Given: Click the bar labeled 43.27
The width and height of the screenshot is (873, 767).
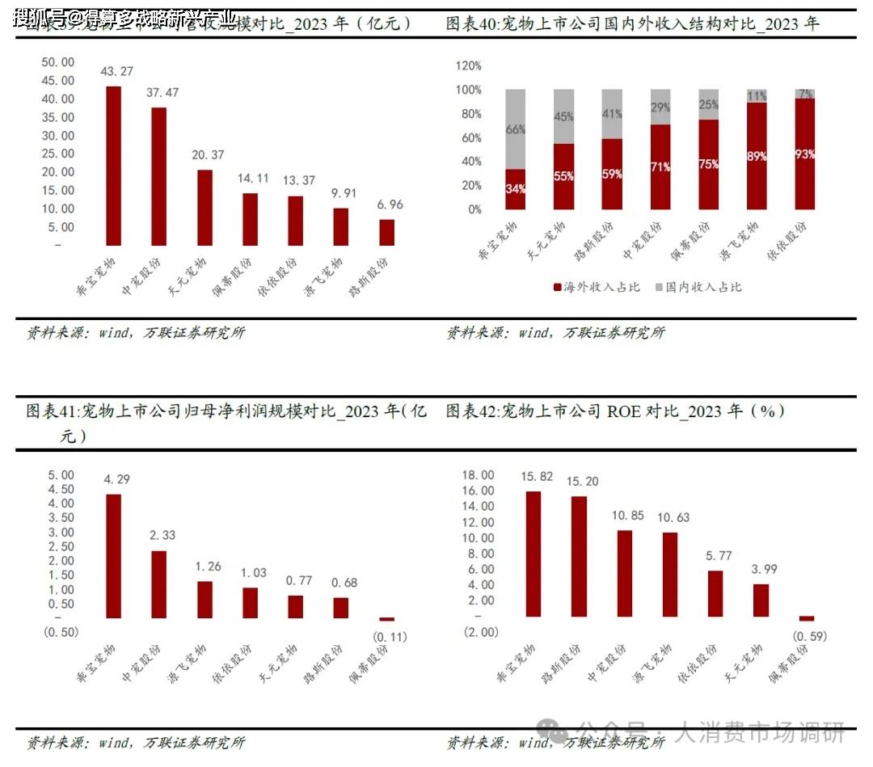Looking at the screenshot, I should [x=114, y=166].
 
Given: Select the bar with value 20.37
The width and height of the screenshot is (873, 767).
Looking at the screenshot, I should [x=205, y=207].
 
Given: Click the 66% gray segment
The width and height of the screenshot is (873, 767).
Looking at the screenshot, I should [x=516, y=129].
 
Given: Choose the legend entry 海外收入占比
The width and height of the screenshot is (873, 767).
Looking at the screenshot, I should [x=596, y=287].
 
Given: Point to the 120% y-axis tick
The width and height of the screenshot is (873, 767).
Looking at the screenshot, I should [x=469, y=65].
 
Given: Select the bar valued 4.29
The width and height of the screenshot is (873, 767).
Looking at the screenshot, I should [x=114, y=556].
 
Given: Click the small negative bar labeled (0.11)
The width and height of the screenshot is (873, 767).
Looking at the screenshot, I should [x=387, y=620].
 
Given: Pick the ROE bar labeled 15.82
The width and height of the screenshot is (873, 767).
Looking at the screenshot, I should [x=533, y=554].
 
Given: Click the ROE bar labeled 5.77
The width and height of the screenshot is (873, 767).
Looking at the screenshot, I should [x=715, y=594].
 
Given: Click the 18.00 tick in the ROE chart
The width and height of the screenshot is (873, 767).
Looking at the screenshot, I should [x=477, y=474].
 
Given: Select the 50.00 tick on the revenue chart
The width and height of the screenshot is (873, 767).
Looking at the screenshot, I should [x=57, y=62].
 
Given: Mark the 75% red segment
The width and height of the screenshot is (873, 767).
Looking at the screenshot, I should [x=709, y=164].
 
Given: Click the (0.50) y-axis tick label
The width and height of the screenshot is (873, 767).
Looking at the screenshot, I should [x=58, y=632].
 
